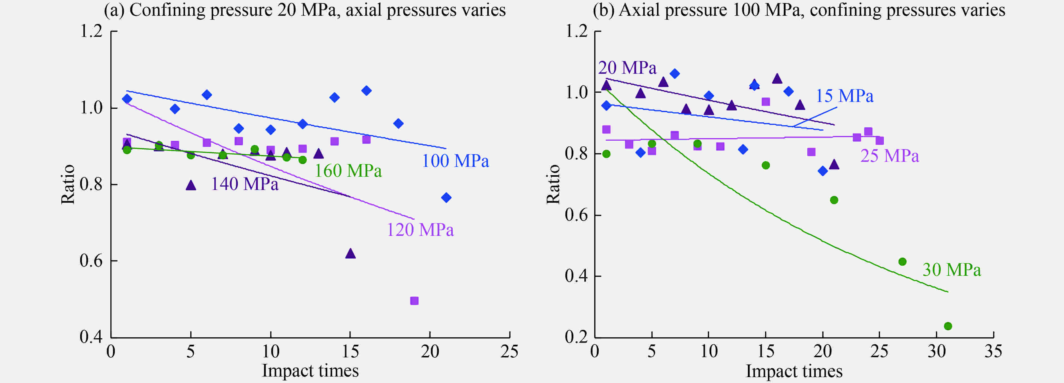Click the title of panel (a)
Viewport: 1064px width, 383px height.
[x=304, y=10]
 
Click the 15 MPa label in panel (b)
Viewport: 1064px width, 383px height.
[x=844, y=96]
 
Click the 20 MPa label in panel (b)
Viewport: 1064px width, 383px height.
[x=627, y=68]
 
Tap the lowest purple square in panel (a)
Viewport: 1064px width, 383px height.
[x=414, y=301]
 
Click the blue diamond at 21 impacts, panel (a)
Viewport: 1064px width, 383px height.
[x=446, y=198]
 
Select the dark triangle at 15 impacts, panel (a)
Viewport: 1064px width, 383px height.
[x=350, y=254]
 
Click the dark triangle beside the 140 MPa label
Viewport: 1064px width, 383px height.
[x=191, y=185]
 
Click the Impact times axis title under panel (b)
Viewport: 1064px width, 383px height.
[x=794, y=371]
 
